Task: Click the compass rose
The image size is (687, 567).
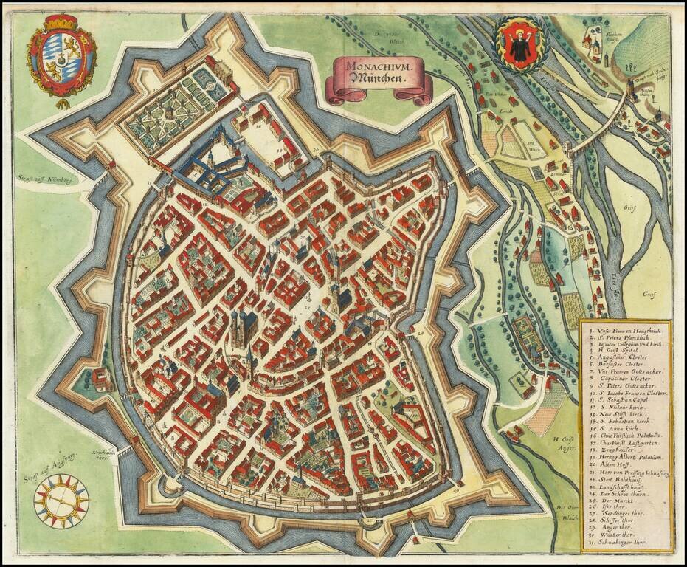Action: [x=61, y=500]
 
